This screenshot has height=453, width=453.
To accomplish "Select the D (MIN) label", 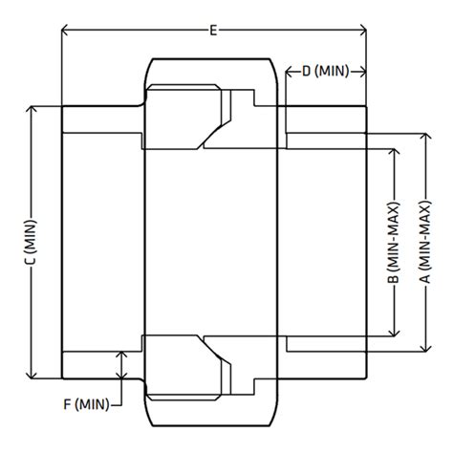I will click(x=327, y=72).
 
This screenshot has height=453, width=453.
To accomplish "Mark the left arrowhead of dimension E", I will click(x=66, y=31).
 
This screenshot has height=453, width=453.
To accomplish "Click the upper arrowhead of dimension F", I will click(x=121, y=355).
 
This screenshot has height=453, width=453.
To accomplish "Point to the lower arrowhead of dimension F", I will click(x=121, y=376).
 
